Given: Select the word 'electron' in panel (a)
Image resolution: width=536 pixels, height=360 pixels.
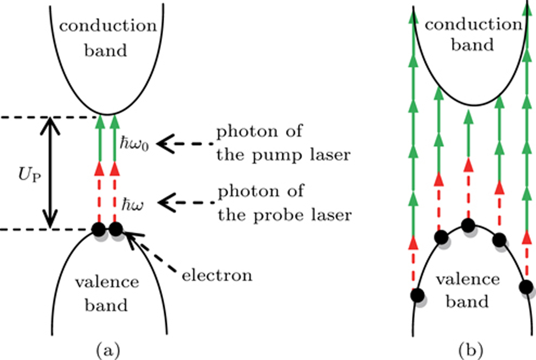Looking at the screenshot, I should click(x=217, y=275).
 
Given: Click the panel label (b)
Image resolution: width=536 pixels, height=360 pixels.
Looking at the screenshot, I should click(x=469, y=348).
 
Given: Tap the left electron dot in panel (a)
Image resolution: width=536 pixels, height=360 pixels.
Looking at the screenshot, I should click(x=98, y=229).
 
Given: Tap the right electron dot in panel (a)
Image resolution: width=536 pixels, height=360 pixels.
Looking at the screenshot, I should click(x=115, y=229).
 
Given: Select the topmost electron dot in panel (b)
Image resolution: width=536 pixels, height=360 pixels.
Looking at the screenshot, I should click(x=468, y=224).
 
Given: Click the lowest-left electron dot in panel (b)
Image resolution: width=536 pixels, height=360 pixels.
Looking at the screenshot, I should click(x=416, y=295).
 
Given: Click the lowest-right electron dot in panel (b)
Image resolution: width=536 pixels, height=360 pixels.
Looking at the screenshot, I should click(x=526, y=287).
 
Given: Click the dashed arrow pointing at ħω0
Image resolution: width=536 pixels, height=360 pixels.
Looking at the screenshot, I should click(x=184, y=144).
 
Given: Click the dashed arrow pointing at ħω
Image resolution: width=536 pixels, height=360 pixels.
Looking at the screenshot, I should click(x=184, y=203).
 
